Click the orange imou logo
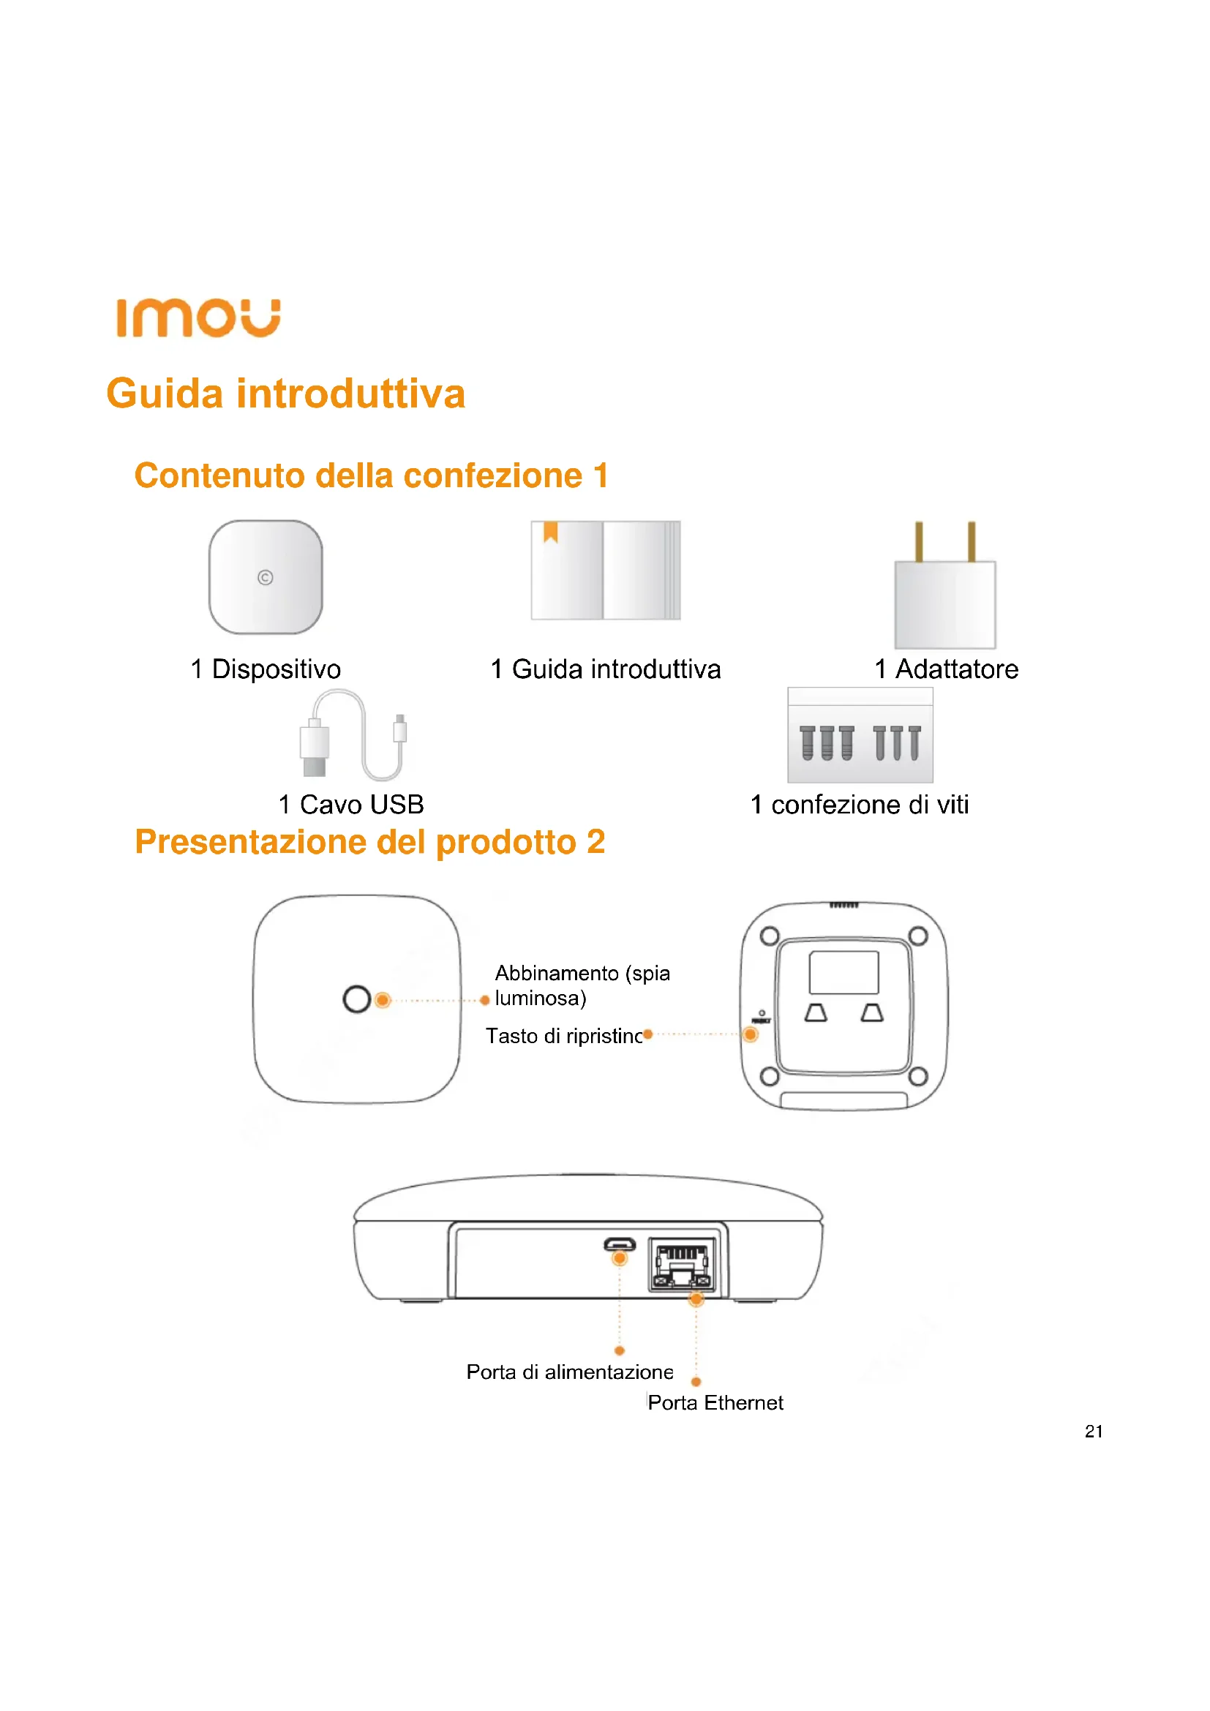[x=198, y=318]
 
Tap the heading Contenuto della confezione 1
[x=371, y=475]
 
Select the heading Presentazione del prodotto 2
[x=369, y=842]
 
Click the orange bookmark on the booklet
[x=551, y=531]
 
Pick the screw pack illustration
[x=860, y=735]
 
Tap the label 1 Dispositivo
[x=266, y=669]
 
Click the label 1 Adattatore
[x=946, y=669]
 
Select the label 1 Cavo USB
[x=351, y=805]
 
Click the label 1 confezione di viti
[x=859, y=805]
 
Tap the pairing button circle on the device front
[x=357, y=999]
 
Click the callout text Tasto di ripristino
[x=564, y=1036]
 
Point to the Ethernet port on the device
[x=682, y=1264]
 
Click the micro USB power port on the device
[x=619, y=1244]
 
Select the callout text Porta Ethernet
[x=715, y=1403]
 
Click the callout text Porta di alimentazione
[x=570, y=1372]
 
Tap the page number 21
[x=1094, y=1432]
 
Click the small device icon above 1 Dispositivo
[x=266, y=578]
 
